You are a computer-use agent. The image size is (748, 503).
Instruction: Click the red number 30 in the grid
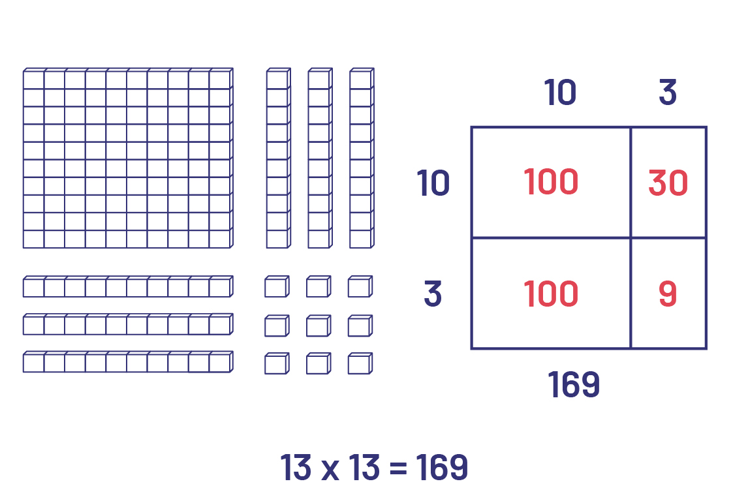click(x=668, y=183)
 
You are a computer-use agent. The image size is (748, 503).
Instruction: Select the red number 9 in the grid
click(x=668, y=294)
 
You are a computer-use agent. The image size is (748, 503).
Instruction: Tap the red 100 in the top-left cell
click(x=550, y=182)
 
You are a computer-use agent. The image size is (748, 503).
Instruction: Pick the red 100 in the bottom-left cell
click(x=550, y=294)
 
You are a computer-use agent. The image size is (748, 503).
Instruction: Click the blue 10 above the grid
click(x=560, y=93)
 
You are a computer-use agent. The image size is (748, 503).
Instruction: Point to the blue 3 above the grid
click(x=667, y=93)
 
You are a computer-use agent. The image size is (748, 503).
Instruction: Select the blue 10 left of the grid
click(x=433, y=183)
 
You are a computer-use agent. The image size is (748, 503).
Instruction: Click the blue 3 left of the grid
click(x=433, y=295)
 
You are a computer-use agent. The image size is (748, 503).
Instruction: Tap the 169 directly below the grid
click(x=573, y=386)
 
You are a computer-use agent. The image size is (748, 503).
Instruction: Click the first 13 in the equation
click(x=296, y=468)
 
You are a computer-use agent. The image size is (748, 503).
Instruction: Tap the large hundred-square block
click(x=127, y=159)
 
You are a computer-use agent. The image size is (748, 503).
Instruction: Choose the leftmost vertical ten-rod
click(x=277, y=159)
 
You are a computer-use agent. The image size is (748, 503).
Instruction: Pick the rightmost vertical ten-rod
click(x=361, y=159)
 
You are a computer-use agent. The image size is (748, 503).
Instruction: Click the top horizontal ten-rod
click(x=127, y=287)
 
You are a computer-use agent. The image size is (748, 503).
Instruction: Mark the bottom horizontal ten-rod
click(x=127, y=362)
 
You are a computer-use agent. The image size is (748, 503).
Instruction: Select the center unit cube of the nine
click(x=318, y=326)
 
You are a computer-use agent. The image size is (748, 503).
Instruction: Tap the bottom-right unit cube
click(x=360, y=363)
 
